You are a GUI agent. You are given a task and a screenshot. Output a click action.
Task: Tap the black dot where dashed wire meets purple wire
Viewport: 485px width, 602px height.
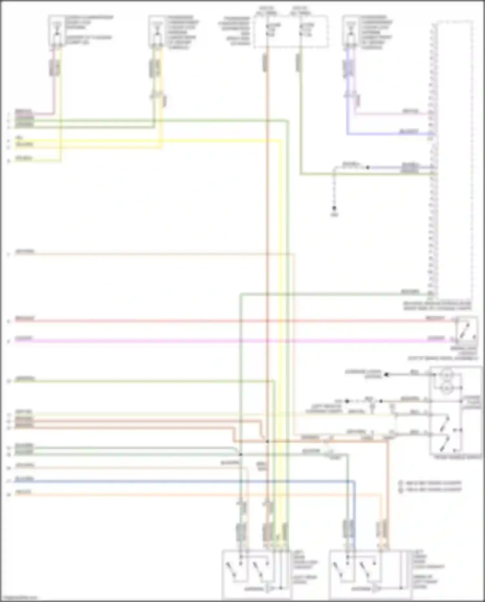pyautogui.click(x=368, y=168)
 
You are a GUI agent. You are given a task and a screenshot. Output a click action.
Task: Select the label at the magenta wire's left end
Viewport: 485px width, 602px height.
pyautogui.click(x=24, y=339)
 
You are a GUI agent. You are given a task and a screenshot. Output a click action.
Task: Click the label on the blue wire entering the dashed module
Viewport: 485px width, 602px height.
pyautogui.click(x=409, y=132)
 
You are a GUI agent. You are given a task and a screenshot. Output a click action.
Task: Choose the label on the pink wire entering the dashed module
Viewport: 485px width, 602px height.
pyautogui.click(x=410, y=112)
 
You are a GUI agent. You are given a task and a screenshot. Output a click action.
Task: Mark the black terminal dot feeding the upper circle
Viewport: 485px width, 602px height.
pyautogui.click(x=386, y=375)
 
